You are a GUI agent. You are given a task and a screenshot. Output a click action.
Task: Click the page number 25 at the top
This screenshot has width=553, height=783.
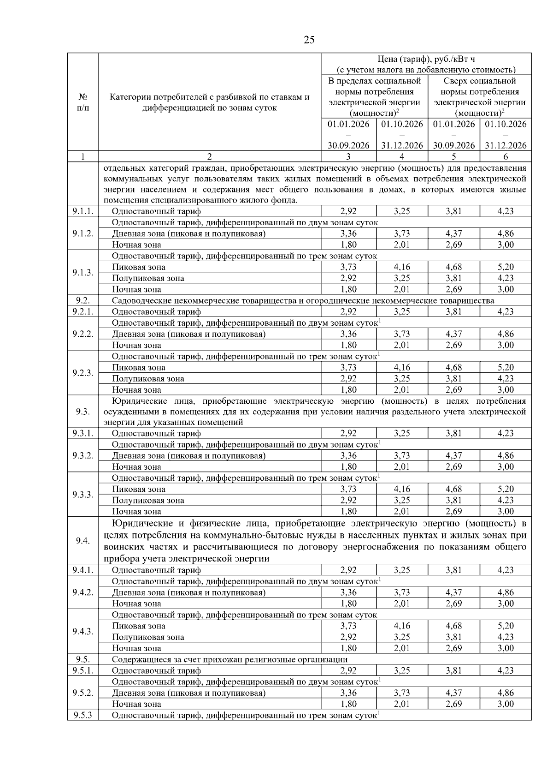(x=309, y=40)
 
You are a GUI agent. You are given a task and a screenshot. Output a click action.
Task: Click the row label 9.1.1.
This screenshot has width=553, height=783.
(x=83, y=211)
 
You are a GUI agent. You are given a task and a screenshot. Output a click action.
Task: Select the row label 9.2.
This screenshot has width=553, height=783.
(x=83, y=300)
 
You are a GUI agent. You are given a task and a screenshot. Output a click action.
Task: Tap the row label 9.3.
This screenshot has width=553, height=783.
(x=83, y=412)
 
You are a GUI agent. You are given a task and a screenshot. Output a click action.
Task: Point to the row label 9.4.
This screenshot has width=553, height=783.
(x=83, y=541)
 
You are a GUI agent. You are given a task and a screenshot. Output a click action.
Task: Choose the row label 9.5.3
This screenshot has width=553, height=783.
(x=83, y=715)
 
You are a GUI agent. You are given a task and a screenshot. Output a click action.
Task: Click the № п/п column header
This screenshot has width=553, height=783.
(x=83, y=102)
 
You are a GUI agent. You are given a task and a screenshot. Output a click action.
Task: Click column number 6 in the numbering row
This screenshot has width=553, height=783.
(x=506, y=156)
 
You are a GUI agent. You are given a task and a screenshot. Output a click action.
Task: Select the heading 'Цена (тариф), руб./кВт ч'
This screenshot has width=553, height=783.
(x=426, y=59)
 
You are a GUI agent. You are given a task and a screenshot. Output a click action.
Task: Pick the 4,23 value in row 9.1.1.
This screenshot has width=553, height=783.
(x=506, y=211)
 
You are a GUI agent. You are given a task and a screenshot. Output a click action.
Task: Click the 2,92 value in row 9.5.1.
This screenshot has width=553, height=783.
(x=348, y=670)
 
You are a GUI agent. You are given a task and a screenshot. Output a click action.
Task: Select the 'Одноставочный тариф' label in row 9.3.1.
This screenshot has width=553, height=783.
(x=156, y=433)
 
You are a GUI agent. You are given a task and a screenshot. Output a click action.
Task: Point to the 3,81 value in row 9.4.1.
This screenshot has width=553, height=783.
(x=453, y=570)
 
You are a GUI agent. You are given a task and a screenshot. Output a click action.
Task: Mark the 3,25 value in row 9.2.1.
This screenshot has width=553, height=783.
(x=402, y=311)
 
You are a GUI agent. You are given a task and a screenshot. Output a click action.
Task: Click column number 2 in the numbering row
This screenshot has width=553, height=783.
(x=210, y=156)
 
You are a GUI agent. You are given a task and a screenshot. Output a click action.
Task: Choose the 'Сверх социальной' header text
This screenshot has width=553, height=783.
(x=480, y=81)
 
